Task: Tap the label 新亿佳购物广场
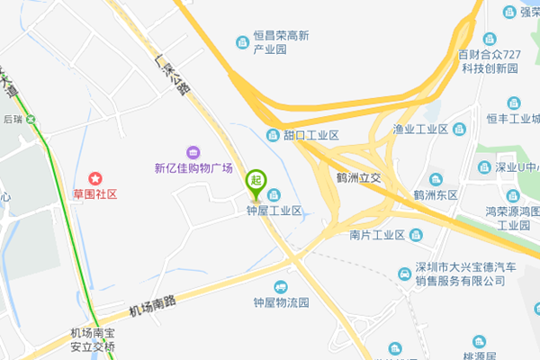click(193, 168)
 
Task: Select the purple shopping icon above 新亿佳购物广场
click(193, 151)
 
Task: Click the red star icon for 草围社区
click(94, 179)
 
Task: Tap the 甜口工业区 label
click(310, 135)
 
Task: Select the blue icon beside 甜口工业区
click(273, 135)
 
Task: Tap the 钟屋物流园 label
click(281, 302)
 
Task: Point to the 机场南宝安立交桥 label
click(94, 339)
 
